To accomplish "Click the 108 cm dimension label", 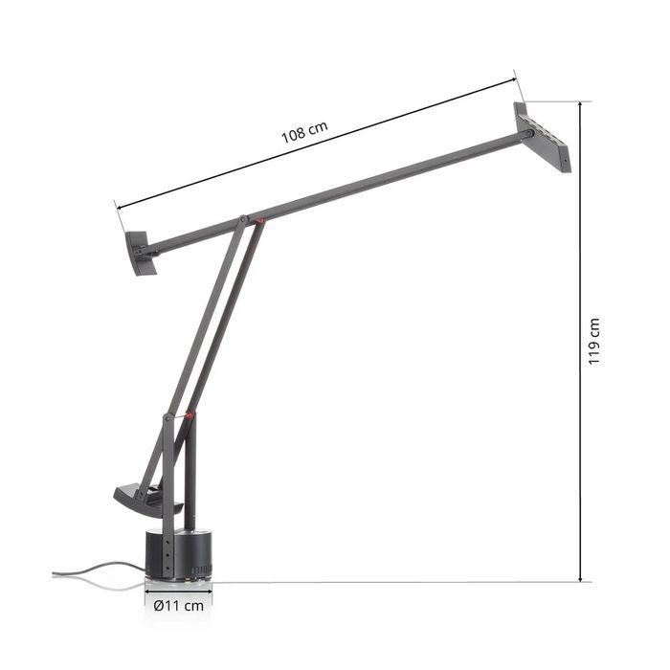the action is coord(304,132).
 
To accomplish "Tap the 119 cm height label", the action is coord(594,342).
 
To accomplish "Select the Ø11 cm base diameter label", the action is coord(179,606).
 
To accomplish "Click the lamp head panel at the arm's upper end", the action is coord(543,137).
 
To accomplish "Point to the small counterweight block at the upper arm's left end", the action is coord(141,253).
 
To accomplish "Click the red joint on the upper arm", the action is coord(259,221).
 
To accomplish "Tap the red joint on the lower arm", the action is coord(189,415).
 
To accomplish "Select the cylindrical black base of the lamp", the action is coord(179,555).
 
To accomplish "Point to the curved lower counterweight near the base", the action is coord(147,500).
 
